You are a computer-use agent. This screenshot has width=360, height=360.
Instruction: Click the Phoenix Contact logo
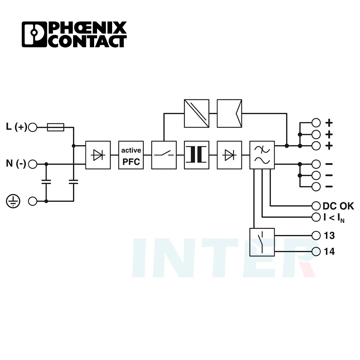[x=74, y=34]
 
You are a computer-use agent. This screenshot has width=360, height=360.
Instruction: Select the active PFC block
[x=131, y=155]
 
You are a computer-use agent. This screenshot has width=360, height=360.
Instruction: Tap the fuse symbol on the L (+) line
[x=56, y=127]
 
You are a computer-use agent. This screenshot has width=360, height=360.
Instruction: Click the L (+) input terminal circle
[x=33, y=127]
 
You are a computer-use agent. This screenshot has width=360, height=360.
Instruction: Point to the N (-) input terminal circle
[x=33, y=164]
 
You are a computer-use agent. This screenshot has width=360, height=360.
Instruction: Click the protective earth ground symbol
[x=12, y=201]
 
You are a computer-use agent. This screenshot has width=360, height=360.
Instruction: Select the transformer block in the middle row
[x=196, y=155]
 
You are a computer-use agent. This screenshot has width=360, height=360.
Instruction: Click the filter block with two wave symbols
[x=262, y=155]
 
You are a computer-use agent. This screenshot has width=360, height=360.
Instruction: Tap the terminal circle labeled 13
[x=316, y=235]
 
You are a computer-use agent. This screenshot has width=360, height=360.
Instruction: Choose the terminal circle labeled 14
[x=316, y=251]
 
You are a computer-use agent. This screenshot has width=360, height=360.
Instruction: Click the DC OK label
[x=338, y=206]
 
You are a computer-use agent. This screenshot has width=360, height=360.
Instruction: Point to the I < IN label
[x=333, y=217]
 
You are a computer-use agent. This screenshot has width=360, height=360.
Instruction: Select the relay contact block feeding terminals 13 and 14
[x=262, y=242]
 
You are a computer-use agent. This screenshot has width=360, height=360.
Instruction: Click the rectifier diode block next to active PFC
[x=98, y=155]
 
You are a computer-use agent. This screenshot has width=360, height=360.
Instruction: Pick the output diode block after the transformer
[x=229, y=155]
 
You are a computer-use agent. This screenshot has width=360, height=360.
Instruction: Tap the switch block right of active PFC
[x=164, y=155]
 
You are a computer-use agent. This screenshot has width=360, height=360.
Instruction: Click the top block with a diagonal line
[x=196, y=113]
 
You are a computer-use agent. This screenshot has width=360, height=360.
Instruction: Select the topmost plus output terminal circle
[x=316, y=123]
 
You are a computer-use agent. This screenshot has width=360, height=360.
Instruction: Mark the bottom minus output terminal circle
[x=316, y=186]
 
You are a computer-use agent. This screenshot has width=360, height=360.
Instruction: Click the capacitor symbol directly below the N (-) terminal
[x=46, y=182]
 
